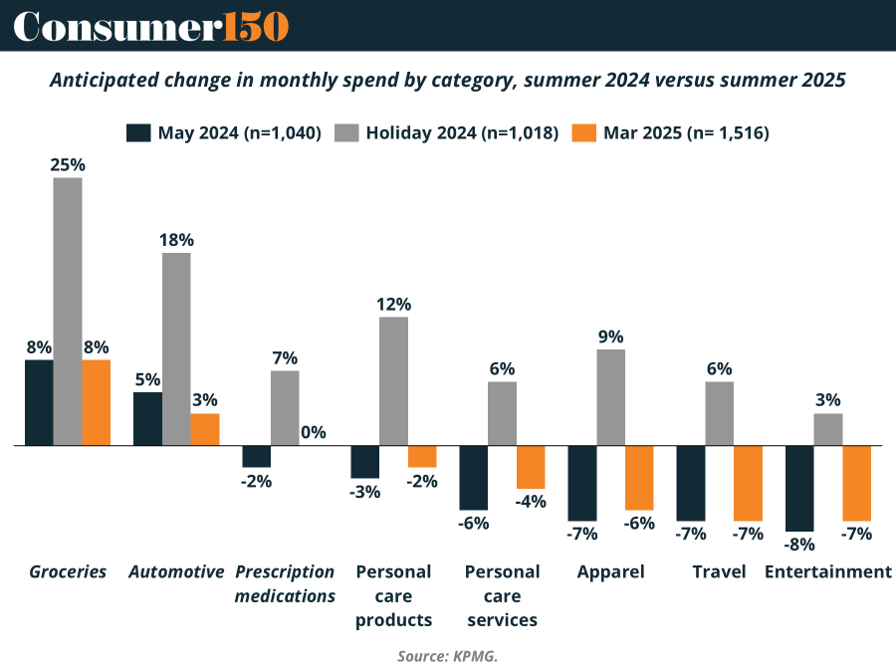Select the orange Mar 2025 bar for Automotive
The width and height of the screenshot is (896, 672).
[205, 429]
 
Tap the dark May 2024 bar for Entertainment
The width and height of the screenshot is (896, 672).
[799, 488]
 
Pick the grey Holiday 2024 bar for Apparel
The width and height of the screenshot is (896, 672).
[611, 397]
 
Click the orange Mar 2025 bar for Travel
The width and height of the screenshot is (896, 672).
[749, 483]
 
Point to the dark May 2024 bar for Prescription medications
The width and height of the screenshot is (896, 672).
[257, 456]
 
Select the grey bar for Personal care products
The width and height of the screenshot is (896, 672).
[393, 381]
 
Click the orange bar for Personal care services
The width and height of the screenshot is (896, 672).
[531, 467]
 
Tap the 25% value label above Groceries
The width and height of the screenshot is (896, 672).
[68, 164]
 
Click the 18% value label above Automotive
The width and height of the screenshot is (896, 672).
[176, 240]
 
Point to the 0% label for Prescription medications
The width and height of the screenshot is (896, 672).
[314, 432]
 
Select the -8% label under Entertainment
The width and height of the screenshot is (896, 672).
[799, 545]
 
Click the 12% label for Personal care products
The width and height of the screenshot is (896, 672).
[393, 304]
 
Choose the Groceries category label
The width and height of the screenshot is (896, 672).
[68, 571]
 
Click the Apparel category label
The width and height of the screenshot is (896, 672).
[611, 571]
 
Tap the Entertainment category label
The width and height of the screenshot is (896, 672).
[828, 571]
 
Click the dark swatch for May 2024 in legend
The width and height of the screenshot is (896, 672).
[138, 132]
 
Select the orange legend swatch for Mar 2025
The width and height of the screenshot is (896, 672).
[584, 132]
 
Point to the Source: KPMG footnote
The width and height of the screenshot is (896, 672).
[447, 656]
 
